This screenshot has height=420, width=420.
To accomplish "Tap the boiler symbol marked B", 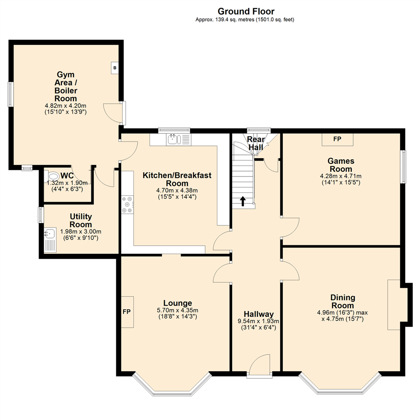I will pyautogui.click(x=115, y=68).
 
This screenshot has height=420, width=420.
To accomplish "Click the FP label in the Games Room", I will pyautogui.click(x=337, y=139).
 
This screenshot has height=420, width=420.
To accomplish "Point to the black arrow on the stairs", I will pyautogui.click(x=243, y=201).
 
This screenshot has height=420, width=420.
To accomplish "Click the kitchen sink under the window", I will pyautogui.click(x=173, y=139).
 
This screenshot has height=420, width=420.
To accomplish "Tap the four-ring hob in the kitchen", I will pyautogui.click(x=127, y=204).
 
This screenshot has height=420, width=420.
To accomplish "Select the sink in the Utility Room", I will pyautogui.click(x=49, y=234).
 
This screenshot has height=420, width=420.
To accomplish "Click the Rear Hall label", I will pyautogui.click(x=256, y=143).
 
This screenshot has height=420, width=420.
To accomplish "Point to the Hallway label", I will pyautogui.click(x=259, y=314).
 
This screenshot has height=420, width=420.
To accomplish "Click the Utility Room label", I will pyautogui.click(x=80, y=220).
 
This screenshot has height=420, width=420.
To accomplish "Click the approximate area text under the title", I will pyautogui.click(x=245, y=20).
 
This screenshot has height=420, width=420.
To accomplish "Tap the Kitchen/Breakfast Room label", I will pyautogui.click(x=177, y=179).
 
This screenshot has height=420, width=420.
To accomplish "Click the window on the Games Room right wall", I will pyautogui.click(x=404, y=166).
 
